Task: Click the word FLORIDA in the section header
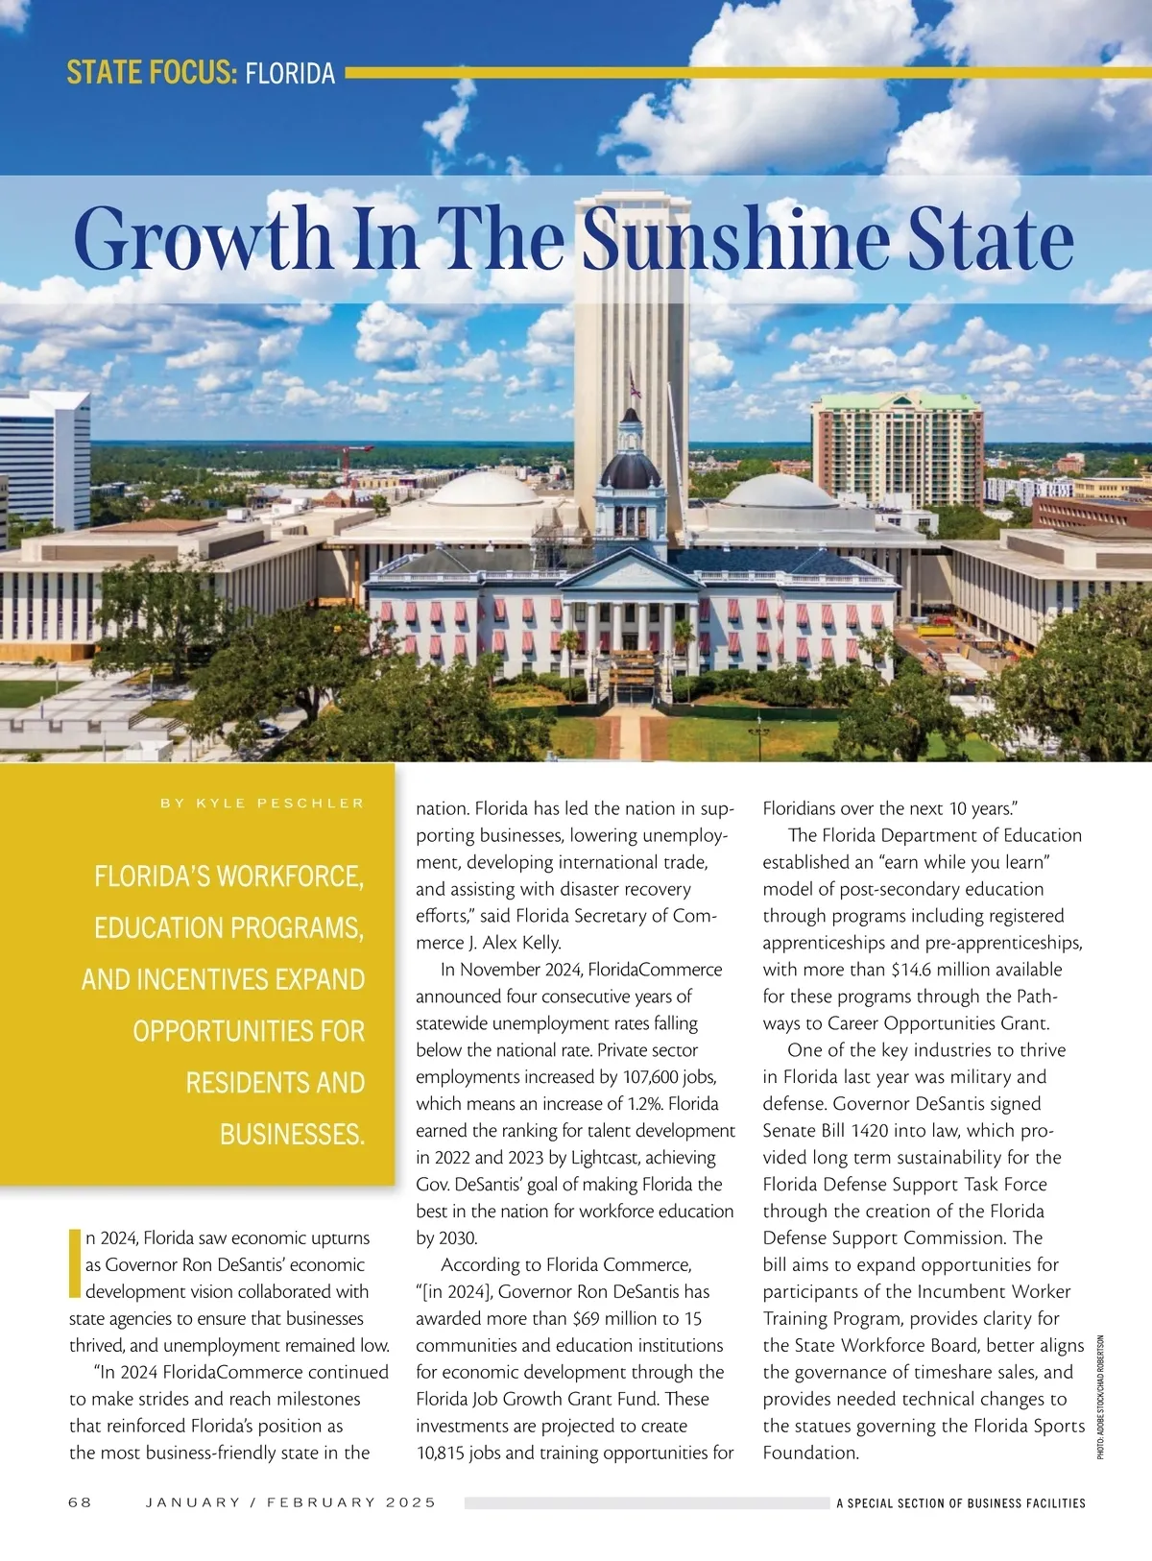[290, 74]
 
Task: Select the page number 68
[80, 1501]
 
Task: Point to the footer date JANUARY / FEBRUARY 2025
[290, 1501]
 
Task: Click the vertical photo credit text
[1100, 1397]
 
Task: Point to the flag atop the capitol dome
[634, 386]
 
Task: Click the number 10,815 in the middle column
[445, 1453]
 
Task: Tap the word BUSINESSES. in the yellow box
[292, 1135]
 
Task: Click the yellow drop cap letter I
[75, 1262]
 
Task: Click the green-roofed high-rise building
[897, 446]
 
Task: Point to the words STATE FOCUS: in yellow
[152, 74]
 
